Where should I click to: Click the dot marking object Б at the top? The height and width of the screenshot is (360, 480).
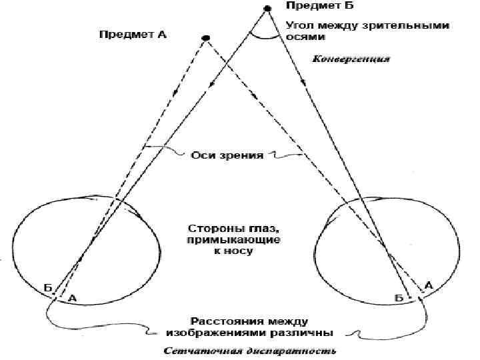point(267,8)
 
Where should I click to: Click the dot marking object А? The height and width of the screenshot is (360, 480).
point(206,37)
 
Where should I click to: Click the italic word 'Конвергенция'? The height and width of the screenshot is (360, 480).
point(351,59)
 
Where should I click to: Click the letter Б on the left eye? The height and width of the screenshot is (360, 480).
point(48,289)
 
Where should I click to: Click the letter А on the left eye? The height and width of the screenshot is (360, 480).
point(72,299)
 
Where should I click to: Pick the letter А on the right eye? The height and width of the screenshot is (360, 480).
point(429,285)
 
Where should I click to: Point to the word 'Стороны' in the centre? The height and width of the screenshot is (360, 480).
point(207,227)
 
